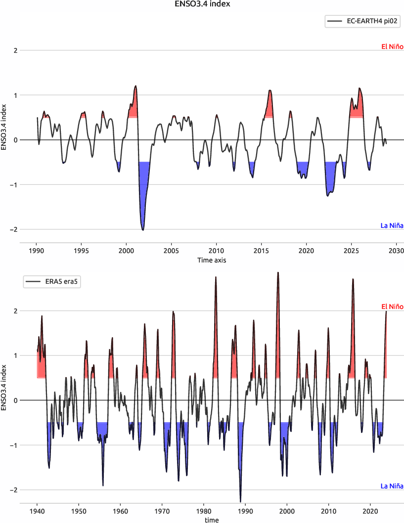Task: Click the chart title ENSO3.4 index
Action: coord(202,4)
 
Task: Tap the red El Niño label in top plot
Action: coord(392,47)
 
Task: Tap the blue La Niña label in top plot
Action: coord(392,226)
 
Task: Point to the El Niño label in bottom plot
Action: coord(392,307)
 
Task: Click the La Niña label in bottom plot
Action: coord(392,486)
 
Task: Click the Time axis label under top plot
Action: coord(212,260)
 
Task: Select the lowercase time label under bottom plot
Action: coord(211,520)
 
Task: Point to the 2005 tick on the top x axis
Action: coord(171,251)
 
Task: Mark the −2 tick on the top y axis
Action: coord(14,229)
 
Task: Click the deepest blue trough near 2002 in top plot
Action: coord(143,229)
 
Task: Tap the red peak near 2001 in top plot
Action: coord(135,87)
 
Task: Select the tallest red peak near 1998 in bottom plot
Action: coord(278,273)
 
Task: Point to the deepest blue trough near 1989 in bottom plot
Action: coord(241,501)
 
